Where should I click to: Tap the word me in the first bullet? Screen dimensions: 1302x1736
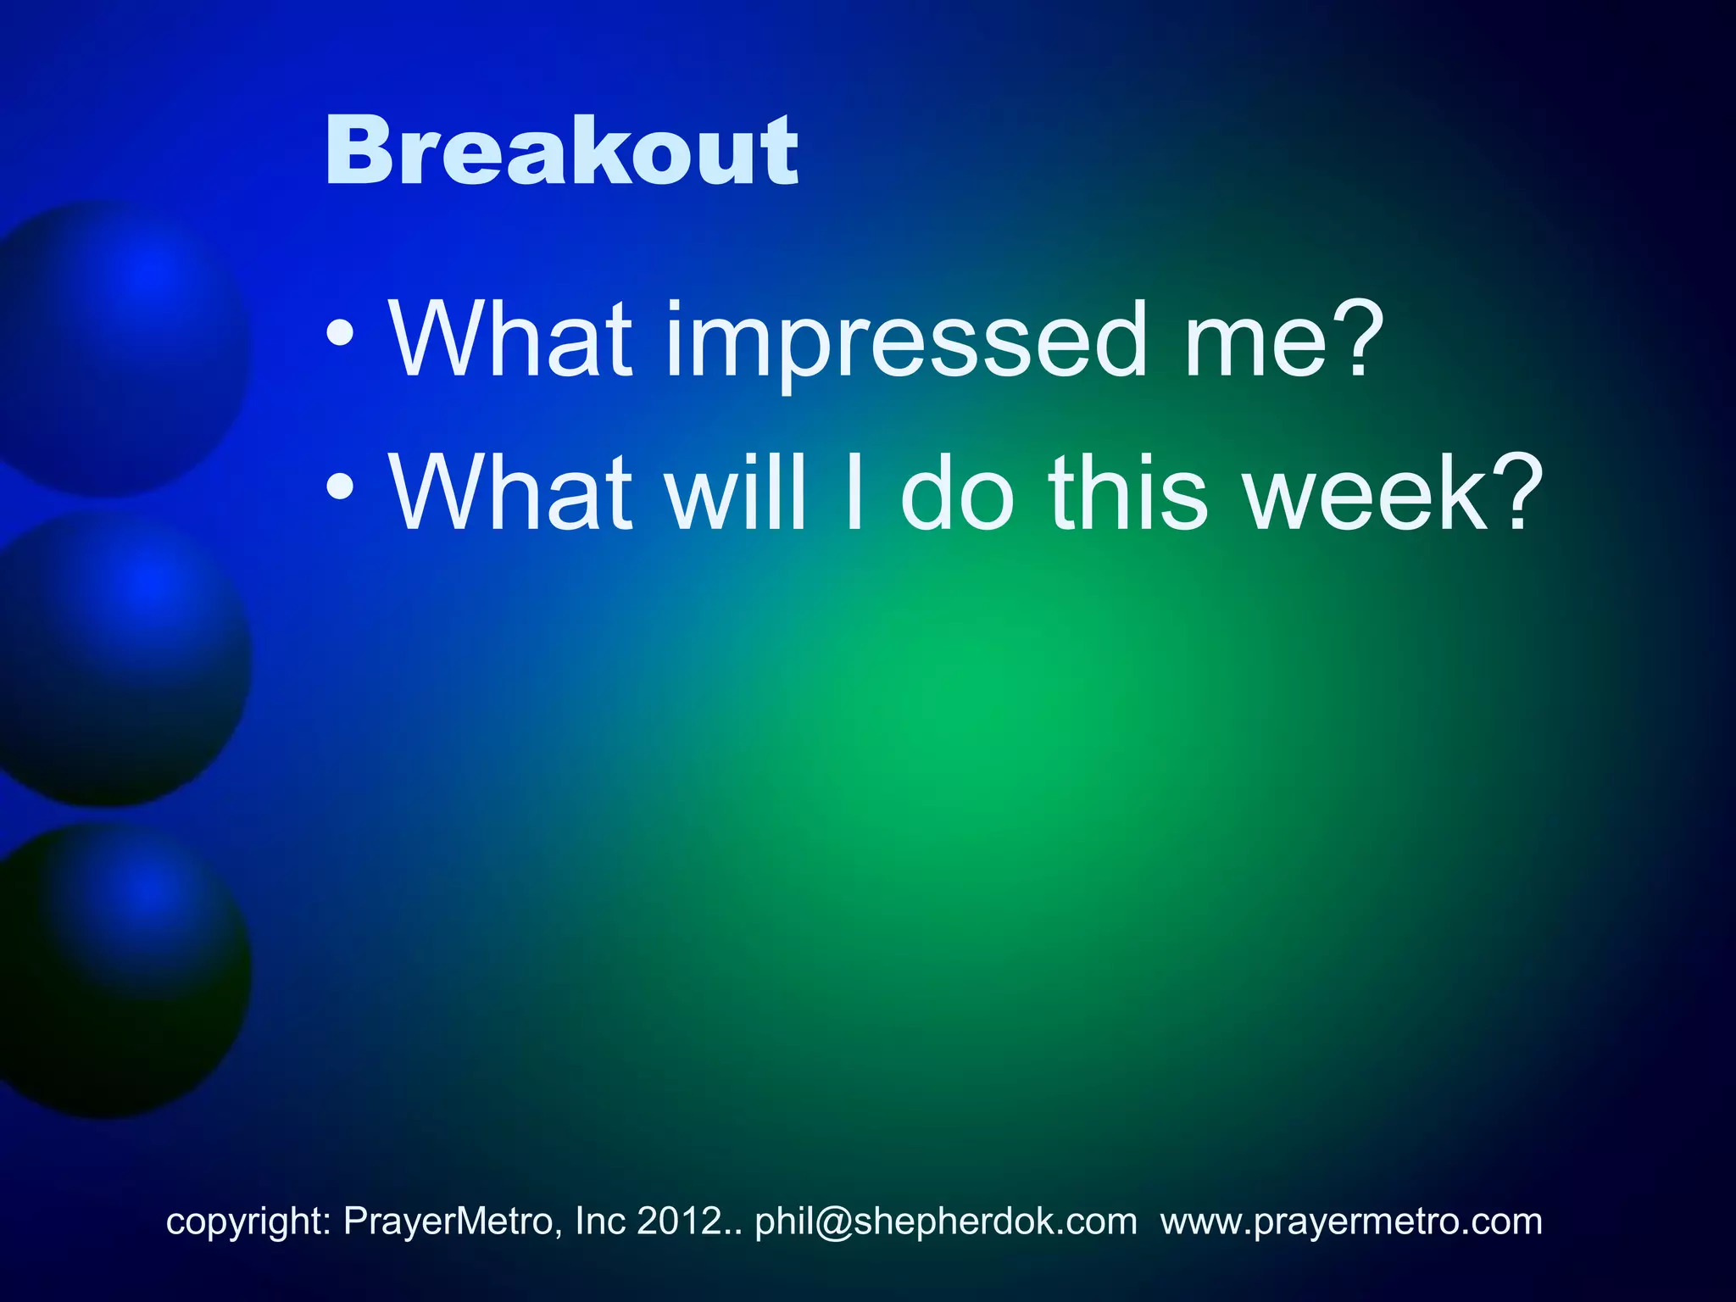coord(1255,343)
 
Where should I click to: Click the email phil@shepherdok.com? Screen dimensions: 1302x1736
coord(945,1221)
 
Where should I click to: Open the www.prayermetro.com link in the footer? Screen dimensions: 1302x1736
coord(1351,1221)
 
